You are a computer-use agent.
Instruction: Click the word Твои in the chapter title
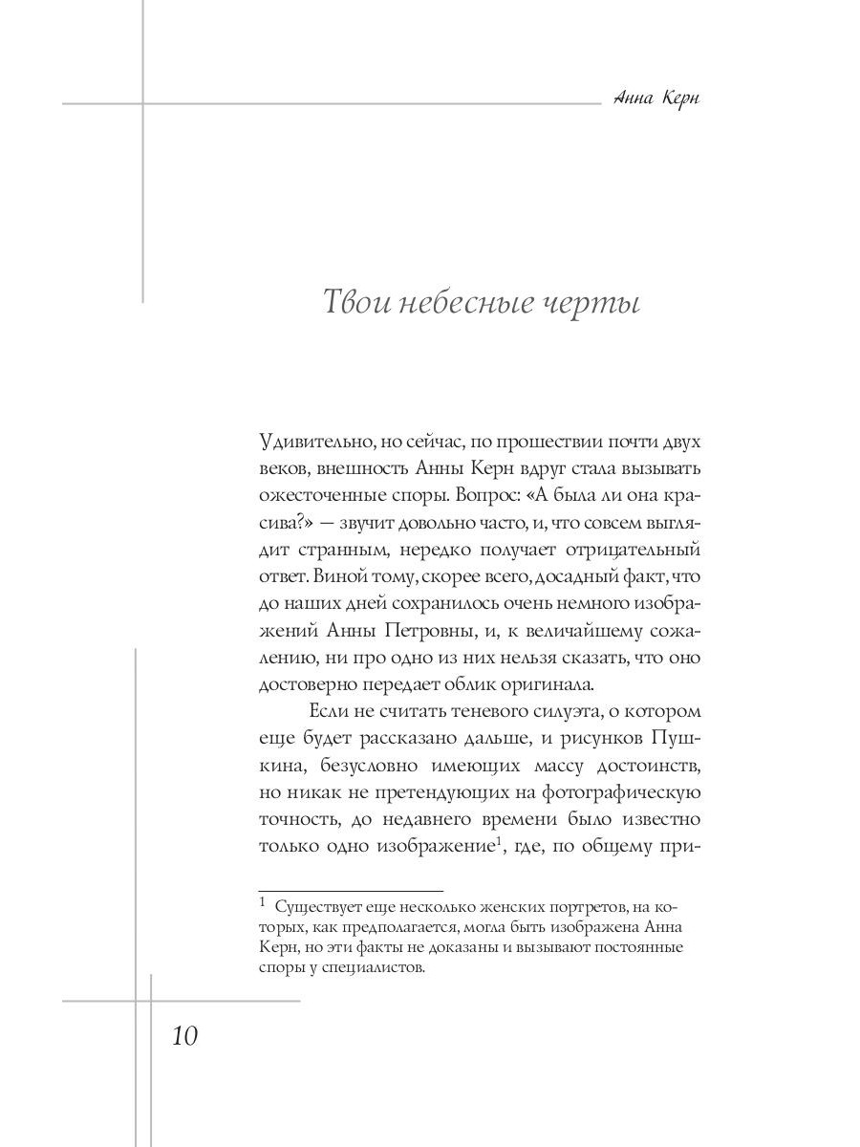[x=354, y=303]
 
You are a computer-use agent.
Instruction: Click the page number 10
[x=184, y=1035]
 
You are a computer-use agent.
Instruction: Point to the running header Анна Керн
[x=656, y=99]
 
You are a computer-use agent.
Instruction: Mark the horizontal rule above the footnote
[x=351, y=890]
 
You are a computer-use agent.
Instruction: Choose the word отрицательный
[x=643, y=550]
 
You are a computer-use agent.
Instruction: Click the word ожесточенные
[x=321, y=496]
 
